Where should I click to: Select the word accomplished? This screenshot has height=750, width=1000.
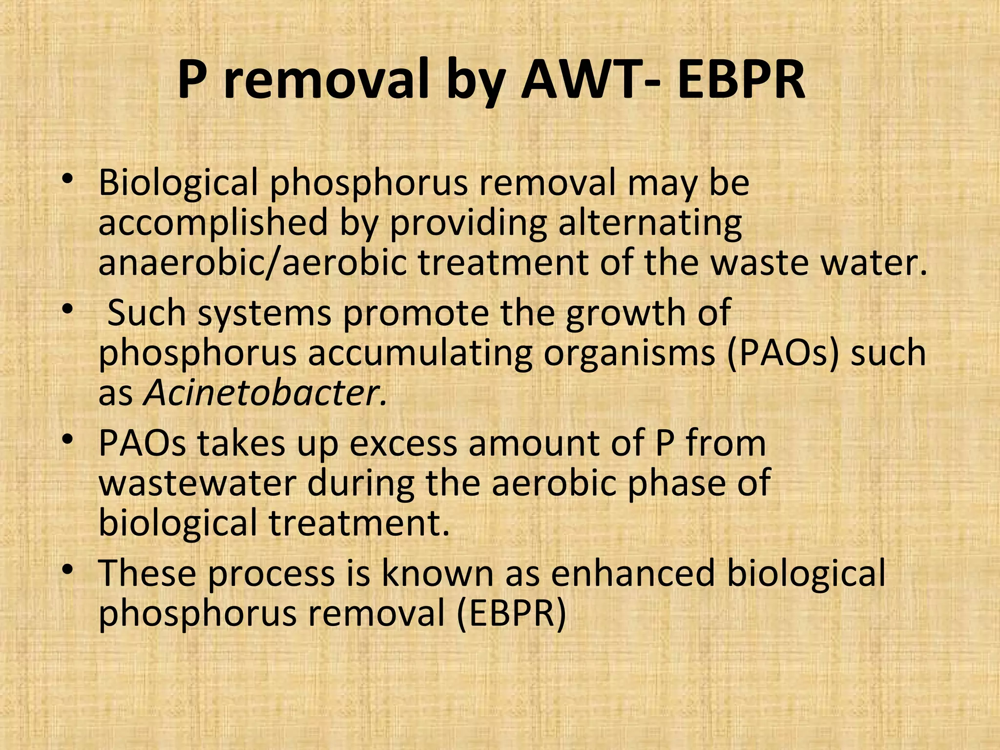(213, 223)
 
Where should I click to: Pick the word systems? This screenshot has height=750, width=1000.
(264, 313)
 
